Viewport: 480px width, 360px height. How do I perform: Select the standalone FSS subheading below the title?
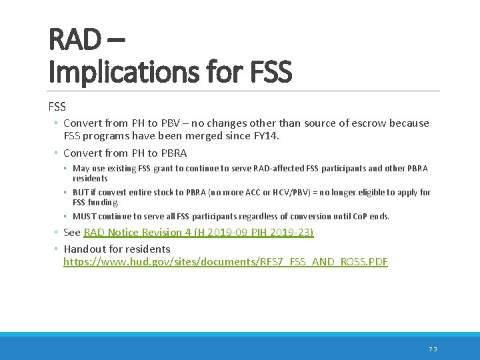57,106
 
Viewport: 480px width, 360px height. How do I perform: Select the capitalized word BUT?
81,193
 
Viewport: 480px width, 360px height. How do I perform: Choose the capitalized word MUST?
85,217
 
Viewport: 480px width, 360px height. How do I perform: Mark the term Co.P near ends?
359,217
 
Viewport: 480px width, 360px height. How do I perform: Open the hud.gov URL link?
225,262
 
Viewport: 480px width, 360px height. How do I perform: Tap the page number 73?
432,349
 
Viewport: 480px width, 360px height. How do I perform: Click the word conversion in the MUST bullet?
317,217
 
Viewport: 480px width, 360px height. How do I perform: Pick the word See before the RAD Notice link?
72,233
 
